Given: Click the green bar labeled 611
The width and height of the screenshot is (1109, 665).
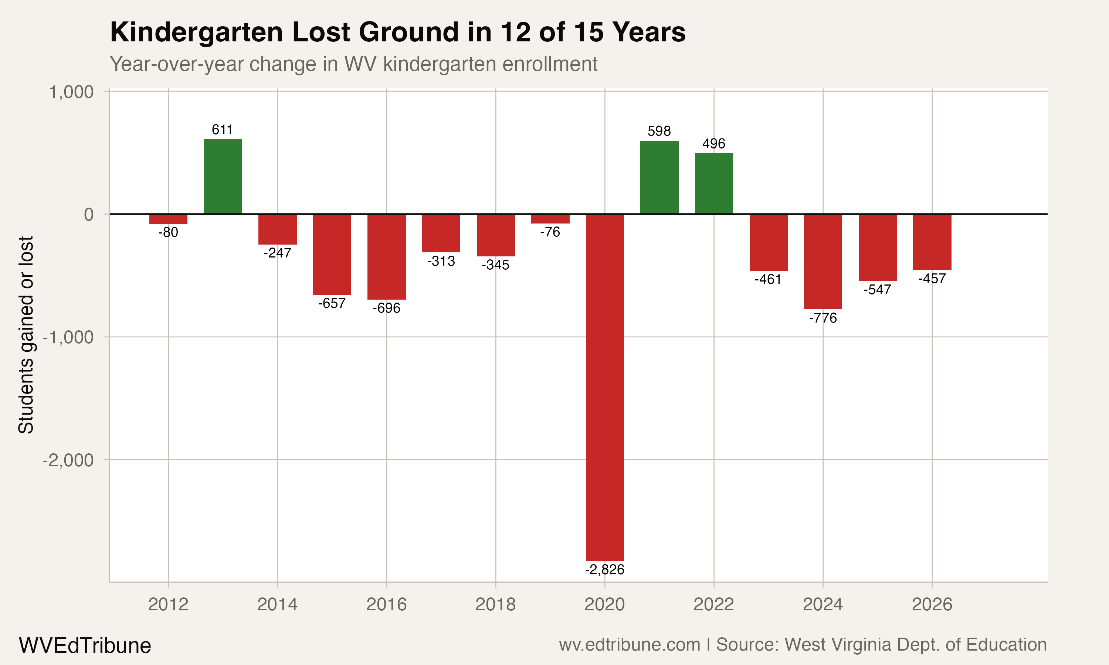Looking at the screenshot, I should coord(223,177).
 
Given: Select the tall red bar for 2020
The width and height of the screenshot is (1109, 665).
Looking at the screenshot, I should coord(605,387).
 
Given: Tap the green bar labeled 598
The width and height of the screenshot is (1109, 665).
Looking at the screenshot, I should coord(659,177).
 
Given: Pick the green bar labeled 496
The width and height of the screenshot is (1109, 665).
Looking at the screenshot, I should coord(713,184).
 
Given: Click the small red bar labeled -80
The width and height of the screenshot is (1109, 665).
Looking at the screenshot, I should coord(168,219).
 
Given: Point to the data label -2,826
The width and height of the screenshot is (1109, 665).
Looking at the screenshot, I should coord(605,570).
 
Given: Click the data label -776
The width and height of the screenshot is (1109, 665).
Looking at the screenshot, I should coord(823,318).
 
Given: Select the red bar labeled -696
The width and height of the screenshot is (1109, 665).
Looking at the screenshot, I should coord(386,257).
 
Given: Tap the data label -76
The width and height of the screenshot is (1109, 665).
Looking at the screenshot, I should coord(550,232).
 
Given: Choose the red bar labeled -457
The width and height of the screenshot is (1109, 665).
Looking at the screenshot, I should coord(932,242).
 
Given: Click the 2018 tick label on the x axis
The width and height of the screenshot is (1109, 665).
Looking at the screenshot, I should coord(495,604).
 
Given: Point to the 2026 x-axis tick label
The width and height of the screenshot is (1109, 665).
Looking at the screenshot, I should coord(932,604).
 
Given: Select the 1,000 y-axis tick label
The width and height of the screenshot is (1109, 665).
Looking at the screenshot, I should coord(71,92).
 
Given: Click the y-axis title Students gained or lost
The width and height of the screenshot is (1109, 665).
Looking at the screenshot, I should coord(26,335).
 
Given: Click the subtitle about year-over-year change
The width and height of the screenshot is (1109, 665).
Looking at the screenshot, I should coord(353,64).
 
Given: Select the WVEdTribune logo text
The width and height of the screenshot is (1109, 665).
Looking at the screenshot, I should coord(85,646).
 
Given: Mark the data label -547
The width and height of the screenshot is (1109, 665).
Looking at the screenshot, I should coord(877,290).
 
